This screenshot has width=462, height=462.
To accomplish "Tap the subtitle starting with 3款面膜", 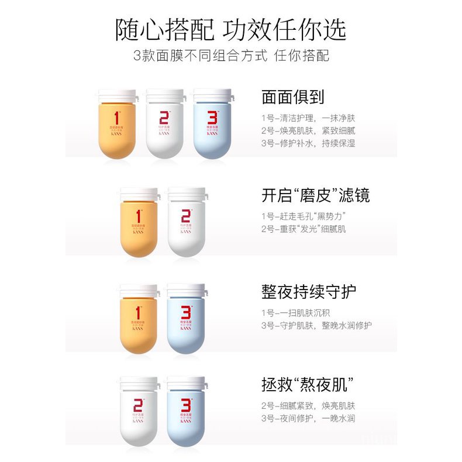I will pyautogui.click(x=231, y=57).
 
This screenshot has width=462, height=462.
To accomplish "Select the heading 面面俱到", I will pyautogui.click(x=293, y=96).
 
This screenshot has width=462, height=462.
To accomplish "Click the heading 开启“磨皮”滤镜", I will pyautogui.click(x=316, y=195).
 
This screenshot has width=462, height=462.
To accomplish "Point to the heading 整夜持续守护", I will pyautogui.click(x=309, y=291).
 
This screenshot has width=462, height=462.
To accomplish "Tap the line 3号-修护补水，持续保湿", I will pyautogui.click(x=308, y=143).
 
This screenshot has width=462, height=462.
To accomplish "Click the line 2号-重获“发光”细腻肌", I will pyautogui.click(x=304, y=229).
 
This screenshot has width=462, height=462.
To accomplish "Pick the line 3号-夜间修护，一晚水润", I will pyautogui.click(x=308, y=419).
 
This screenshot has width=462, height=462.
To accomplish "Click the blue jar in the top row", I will pyautogui.click(x=213, y=126).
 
